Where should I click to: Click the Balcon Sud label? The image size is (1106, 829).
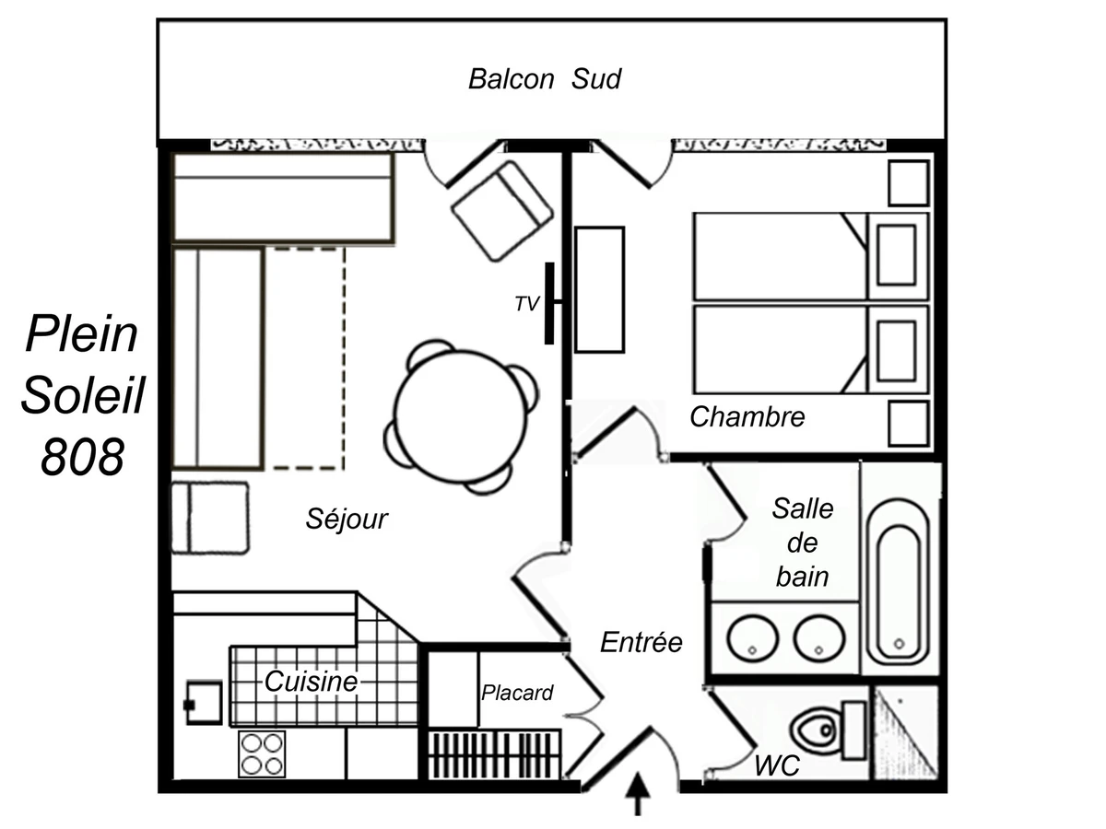(x=544, y=79)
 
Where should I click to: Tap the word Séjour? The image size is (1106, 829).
(x=347, y=519)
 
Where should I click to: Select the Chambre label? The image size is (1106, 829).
(x=747, y=416)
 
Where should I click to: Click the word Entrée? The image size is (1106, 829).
(x=641, y=642)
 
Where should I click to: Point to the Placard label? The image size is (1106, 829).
(x=517, y=693)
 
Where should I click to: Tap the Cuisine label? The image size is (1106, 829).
(x=311, y=682)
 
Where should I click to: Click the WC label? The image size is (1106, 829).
(x=776, y=765)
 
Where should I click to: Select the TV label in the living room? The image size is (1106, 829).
(x=527, y=304)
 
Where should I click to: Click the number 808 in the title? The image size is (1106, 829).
(x=82, y=457)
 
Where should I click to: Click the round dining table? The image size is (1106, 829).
(x=460, y=416)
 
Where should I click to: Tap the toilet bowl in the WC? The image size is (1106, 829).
(x=815, y=730)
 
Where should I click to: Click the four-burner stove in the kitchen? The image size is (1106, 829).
(x=262, y=754)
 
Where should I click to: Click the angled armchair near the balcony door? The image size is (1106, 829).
(x=502, y=211)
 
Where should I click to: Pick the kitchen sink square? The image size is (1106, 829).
(x=204, y=703)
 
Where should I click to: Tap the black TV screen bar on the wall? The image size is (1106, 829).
(x=549, y=304)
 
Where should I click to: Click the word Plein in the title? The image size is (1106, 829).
(x=82, y=333)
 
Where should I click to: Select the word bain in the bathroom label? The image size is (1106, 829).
(x=802, y=577)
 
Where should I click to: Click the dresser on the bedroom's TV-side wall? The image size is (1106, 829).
(x=600, y=289)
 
